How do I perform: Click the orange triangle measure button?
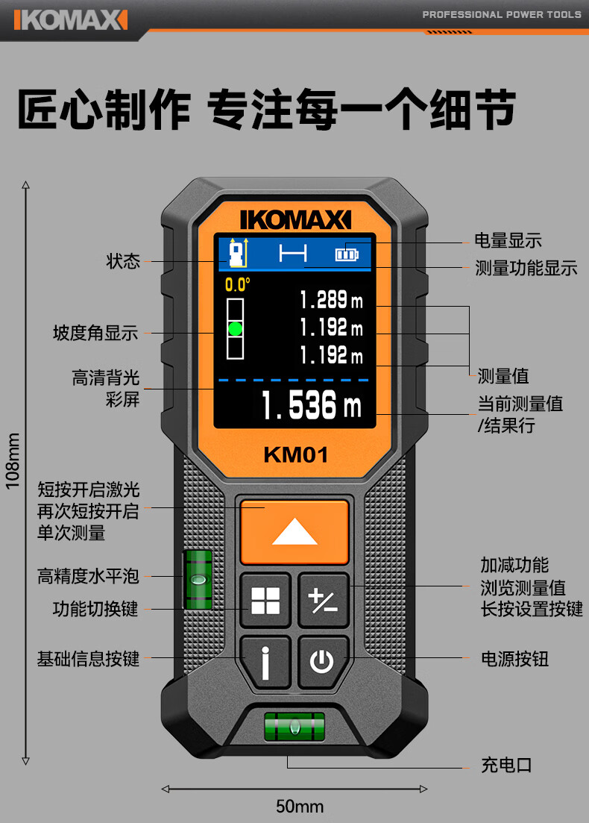(x=294, y=531)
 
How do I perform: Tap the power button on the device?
(x=322, y=662)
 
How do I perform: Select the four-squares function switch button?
(x=265, y=601)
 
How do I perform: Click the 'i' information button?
(x=265, y=662)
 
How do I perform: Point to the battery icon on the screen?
(x=347, y=254)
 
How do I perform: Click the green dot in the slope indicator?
(x=236, y=328)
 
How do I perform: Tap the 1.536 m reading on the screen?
(x=311, y=405)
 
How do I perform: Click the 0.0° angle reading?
(x=238, y=284)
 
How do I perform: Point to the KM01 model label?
(x=295, y=454)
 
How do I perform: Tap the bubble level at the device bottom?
(x=294, y=725)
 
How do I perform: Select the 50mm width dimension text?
(x=300, y=807)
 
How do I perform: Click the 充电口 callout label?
(x=506, y=765)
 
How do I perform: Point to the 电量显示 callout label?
(x=508, y=240)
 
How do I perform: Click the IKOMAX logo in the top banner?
(x=69, y=19)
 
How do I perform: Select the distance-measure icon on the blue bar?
(x=293, y=254)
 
